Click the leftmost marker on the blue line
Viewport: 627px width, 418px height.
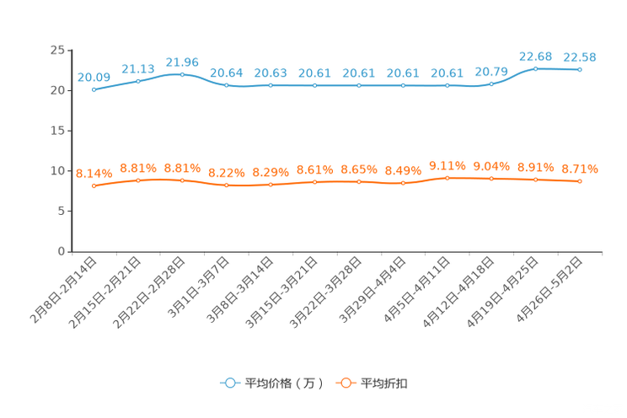[94, 88]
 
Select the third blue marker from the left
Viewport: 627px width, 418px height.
[182, 74]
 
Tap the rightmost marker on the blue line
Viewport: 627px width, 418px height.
[580, 69]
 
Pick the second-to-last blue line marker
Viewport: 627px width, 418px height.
[535, 68]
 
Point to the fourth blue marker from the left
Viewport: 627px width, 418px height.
[226, 85]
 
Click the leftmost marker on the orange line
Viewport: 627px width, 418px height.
[94, 185]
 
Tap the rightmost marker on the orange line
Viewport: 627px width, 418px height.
[580, 181]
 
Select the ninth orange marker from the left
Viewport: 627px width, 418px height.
[447, 177]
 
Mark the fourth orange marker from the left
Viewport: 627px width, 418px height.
[226, 185]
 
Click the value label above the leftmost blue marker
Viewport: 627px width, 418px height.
[94, 77]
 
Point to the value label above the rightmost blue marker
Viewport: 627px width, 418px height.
[580, 56]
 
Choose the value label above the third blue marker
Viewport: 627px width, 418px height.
[182, 62]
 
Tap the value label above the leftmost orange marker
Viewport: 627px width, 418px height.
[94, 173]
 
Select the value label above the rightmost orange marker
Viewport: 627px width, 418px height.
[580, 168]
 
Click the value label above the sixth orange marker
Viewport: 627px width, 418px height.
[314, 169]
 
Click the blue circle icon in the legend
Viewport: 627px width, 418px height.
[229, 383]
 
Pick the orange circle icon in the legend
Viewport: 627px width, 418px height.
[345, 383]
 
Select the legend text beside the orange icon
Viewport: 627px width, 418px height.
[384, 383]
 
